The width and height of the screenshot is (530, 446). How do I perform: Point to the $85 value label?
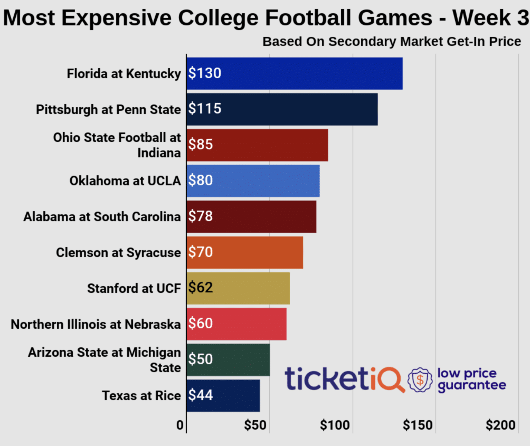point(201,145)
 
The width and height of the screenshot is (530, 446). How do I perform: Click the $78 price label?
point(201,216)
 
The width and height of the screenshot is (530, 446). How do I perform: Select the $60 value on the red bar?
point(201,324)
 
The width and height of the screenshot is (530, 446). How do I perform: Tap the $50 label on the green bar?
point(201,359)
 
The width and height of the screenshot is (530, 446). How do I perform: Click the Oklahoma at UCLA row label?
point(125,181)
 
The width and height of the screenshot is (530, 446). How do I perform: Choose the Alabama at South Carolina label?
point(102,216)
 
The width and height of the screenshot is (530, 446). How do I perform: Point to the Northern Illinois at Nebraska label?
point(96,324)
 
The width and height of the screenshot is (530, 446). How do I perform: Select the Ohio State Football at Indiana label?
point(117,145)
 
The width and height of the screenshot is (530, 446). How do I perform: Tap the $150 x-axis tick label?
point(418,425)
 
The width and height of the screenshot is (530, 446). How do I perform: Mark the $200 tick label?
point(500,425)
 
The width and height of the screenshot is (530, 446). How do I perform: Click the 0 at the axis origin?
point(180,425)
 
